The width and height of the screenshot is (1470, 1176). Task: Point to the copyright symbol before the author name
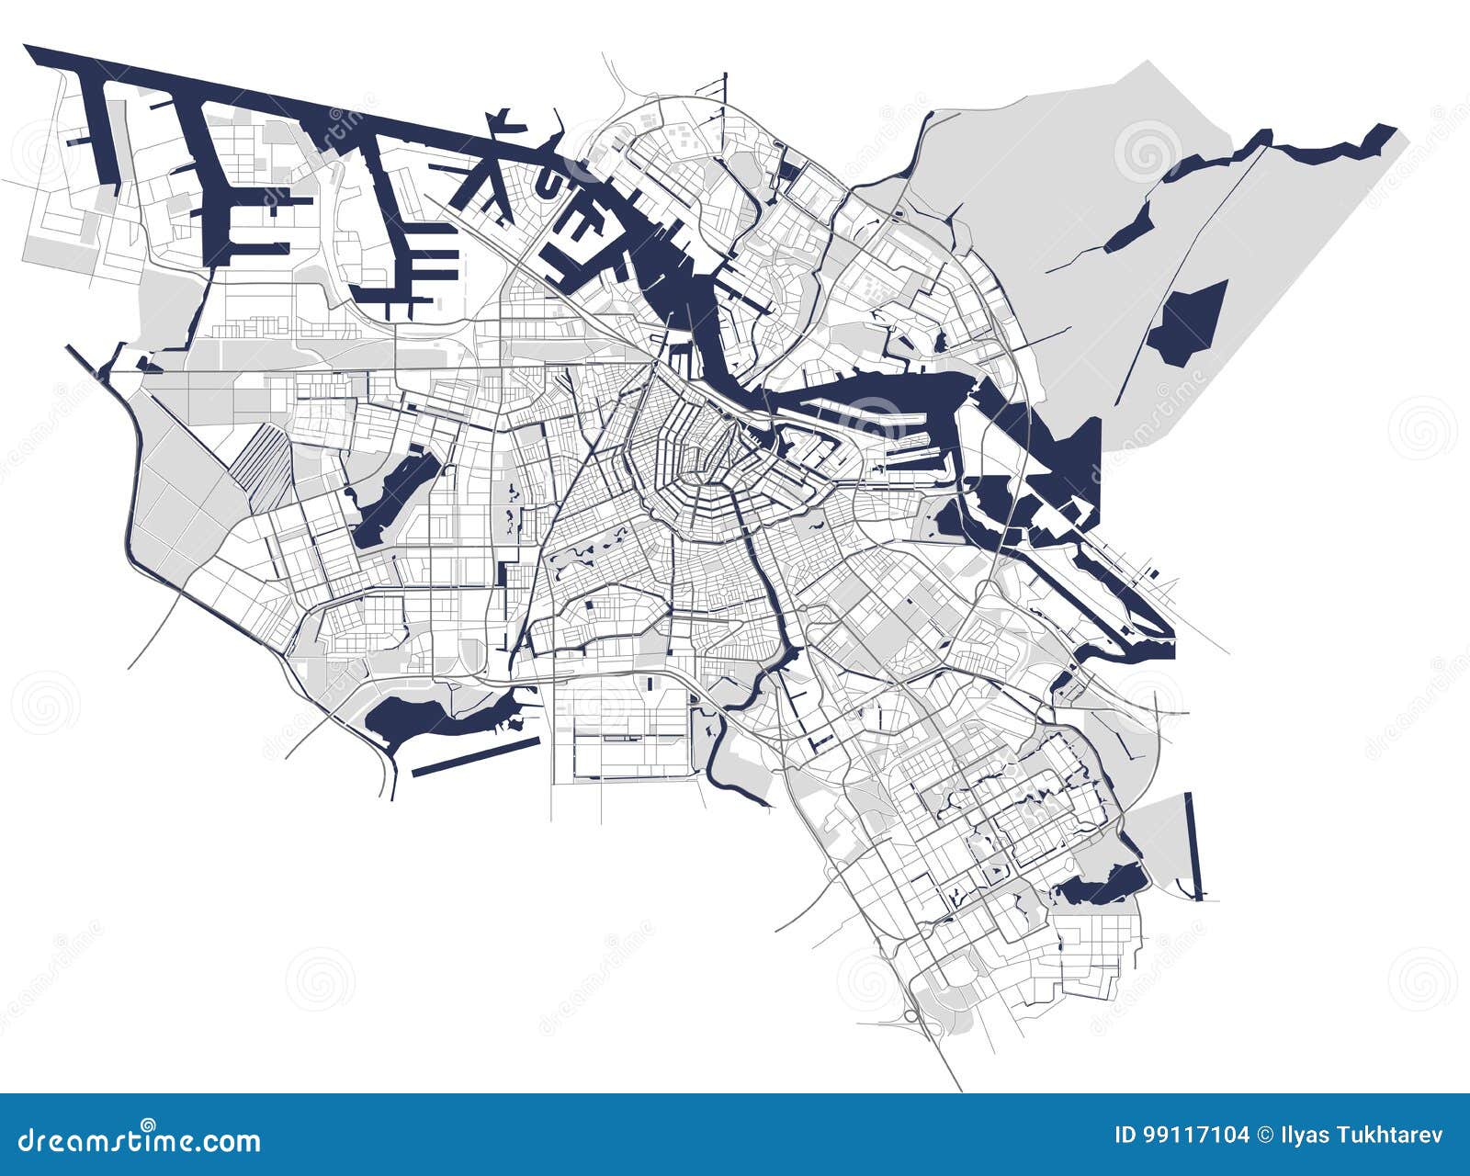coord(1267,1136)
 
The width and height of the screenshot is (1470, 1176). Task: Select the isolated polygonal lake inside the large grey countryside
coord(1190,322)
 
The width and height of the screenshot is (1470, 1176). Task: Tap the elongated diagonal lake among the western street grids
coord(390,496)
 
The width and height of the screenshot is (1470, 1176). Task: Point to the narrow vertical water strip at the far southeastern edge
coord(1193,845)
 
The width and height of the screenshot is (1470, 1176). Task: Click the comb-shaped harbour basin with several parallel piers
coord(413,248)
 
